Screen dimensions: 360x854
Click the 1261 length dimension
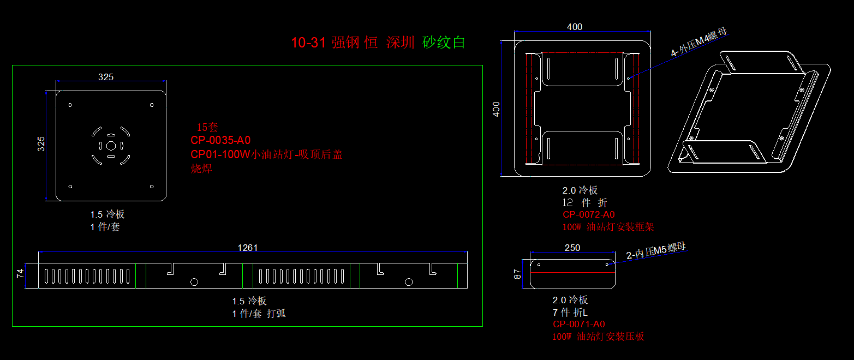247,248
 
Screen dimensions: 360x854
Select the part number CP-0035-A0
220,140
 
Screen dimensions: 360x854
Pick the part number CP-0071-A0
578,325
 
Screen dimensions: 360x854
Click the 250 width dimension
572,248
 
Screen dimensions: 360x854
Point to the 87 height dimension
519,273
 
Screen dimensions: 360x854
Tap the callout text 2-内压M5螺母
655,251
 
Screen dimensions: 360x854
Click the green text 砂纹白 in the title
444,43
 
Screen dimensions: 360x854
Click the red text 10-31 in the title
308,43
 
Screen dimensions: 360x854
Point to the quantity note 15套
207,128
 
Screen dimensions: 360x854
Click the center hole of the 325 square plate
111,146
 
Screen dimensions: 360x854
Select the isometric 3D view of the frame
749,113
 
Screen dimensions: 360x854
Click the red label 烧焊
201,169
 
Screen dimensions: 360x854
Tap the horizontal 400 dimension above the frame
575,27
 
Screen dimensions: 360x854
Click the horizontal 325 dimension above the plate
106,77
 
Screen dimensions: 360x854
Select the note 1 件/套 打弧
259,314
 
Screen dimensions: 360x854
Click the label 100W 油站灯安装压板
598,337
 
